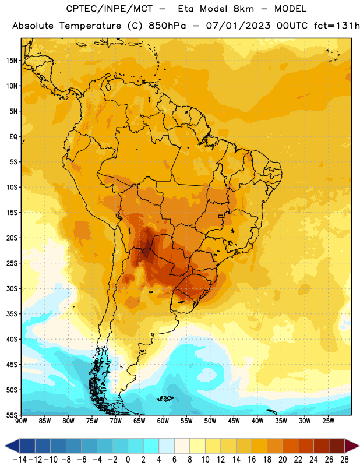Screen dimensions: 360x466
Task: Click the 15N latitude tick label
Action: click(x=12, y=61)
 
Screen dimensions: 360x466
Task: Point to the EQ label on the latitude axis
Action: click(x=13, y=137)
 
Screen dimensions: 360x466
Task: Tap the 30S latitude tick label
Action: click(x=12, y=288)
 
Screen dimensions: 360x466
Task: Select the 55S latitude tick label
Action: click(x=12, y=415)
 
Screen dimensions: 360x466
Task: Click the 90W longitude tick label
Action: click(x=22, y=421)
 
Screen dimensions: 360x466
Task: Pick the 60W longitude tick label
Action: click(x=163, y=421)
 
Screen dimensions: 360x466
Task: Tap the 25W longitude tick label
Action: click(x=328, y=421)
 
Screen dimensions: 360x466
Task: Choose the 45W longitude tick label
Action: click(x=234, y=421)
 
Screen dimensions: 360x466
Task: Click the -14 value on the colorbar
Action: click(x=20, y=460)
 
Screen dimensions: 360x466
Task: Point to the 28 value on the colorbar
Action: click(x=344, y=460)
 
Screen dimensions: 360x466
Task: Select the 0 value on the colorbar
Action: click(x=128, y=460)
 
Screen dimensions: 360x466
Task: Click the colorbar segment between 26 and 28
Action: click(x=337, y=446)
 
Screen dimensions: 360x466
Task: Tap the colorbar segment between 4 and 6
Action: click(x=167, y=446)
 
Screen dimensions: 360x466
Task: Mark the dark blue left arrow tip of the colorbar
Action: click(x=5, y=446)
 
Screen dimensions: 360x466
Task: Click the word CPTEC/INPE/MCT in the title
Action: click(x=109, y=9)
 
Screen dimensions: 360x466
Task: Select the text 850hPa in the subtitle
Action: click(x=167, y=26)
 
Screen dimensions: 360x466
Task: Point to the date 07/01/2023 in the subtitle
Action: click(x=238, y=26)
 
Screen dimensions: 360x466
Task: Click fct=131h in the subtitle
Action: click(x=337, y=26)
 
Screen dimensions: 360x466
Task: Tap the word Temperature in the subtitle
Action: click(x=90, y=26)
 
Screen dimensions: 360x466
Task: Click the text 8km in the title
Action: click(x=243, y=9)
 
